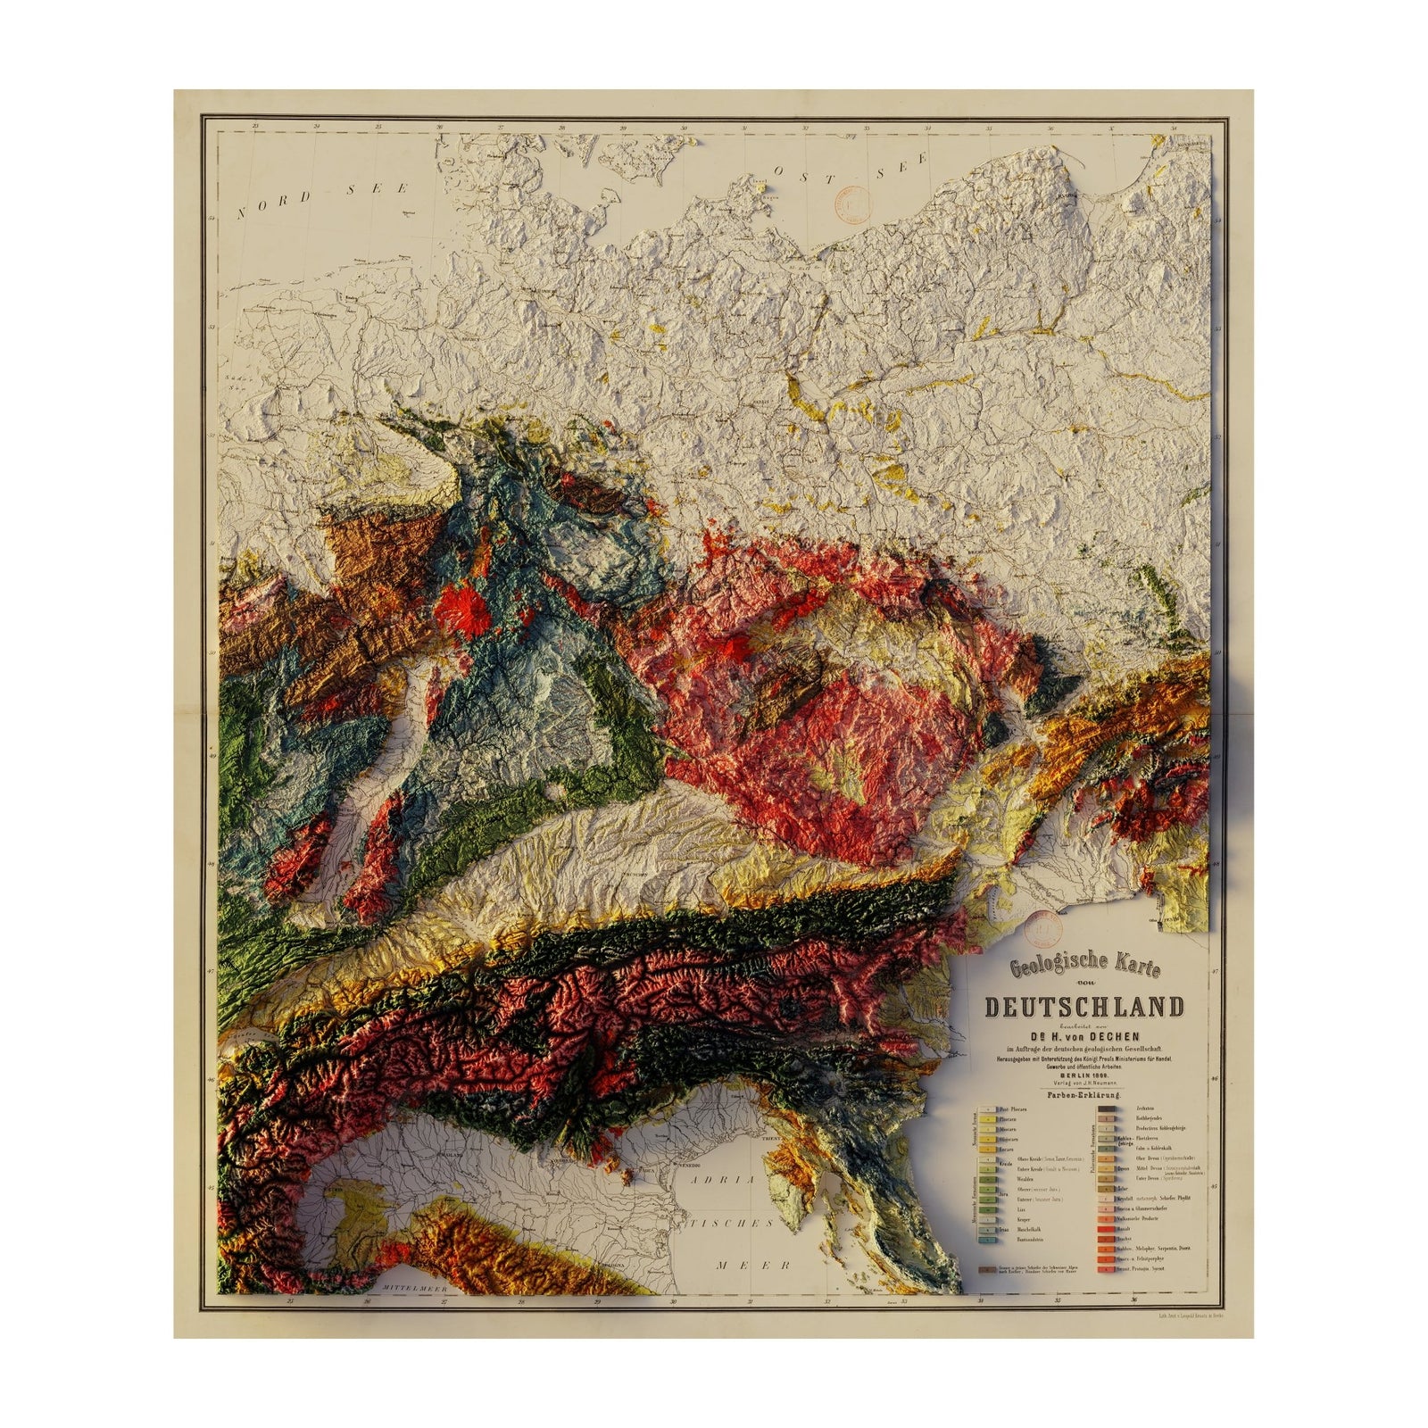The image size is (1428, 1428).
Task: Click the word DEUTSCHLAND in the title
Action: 1084,1007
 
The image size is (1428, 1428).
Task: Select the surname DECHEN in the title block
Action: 1117,1034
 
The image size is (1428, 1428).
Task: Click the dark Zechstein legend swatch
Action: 1107,1109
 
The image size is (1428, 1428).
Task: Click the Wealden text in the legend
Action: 1015,1177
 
